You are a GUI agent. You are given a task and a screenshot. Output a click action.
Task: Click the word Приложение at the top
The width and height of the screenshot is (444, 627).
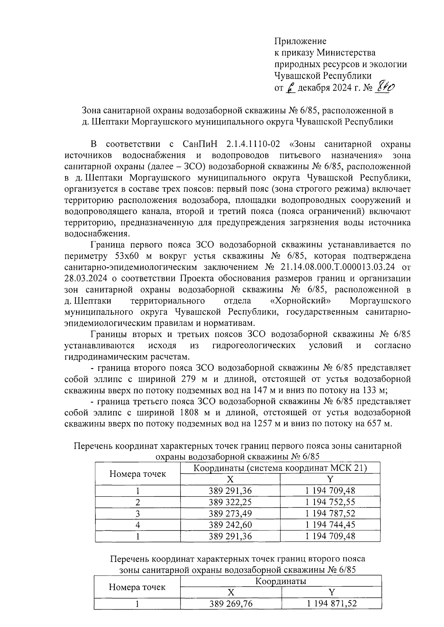pos(300,41)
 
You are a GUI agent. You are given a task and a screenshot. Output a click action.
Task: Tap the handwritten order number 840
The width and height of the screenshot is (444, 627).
pos(385,87)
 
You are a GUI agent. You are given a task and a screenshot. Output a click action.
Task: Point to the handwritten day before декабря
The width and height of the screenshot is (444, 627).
pos(291,88)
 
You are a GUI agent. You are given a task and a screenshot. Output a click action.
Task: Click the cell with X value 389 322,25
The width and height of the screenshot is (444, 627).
pos(230,502)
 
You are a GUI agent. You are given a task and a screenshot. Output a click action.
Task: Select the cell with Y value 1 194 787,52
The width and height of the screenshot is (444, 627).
pos(330,513)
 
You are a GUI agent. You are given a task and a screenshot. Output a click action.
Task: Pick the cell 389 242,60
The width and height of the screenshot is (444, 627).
pos(230,525)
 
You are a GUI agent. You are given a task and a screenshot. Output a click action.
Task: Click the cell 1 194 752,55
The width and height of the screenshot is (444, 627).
pos(330,502)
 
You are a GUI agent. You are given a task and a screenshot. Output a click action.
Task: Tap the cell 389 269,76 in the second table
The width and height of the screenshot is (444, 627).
pos(231,604)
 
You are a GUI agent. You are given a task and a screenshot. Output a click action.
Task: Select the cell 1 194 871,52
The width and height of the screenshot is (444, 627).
pos(332,604)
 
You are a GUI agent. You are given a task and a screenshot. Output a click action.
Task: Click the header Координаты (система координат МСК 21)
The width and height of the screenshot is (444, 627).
pos(280,468)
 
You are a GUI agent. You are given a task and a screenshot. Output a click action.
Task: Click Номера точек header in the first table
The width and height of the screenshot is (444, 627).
pos(138,474)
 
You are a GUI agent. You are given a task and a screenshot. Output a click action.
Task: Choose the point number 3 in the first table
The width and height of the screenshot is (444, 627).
pos(138,513)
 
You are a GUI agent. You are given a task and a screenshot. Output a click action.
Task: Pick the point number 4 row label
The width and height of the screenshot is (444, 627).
pos(138,525)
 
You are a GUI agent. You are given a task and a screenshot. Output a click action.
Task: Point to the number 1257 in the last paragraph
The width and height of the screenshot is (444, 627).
pos(261,424)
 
